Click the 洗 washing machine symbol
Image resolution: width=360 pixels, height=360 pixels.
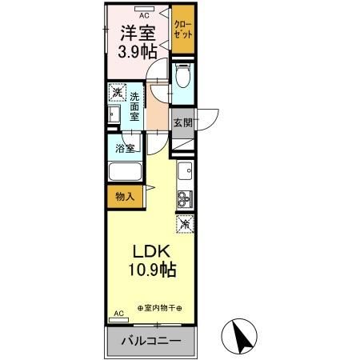tap(117, 94)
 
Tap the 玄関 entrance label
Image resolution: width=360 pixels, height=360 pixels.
tap(182, 122)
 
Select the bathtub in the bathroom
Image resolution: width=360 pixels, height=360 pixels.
tap(124, 173)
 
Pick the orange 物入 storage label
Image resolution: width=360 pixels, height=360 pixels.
tap(123, 195)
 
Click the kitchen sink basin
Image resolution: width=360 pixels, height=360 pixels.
tap(185, 170)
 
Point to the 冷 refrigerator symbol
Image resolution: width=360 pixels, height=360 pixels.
tap(184, 225)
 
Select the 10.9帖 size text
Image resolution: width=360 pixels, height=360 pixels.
tap(148, 271)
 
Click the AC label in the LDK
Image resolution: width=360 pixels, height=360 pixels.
tap(119, 314)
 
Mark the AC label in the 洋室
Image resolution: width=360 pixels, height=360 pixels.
tap(144, 14)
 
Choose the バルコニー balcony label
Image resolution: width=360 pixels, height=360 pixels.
tap(150, 342)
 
